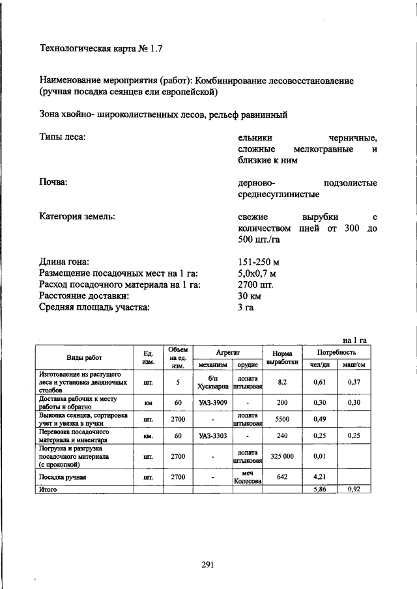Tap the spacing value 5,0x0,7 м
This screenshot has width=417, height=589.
tap(257, 273)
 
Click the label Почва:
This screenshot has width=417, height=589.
tap(54, 183)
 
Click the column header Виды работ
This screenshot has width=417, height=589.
tap(84, 357)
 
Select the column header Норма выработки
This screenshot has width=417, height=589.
tap(282, 357)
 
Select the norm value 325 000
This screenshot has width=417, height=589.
tap(282, 456)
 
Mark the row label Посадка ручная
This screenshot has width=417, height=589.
tap(64, 476)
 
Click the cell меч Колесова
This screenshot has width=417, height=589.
tap(248, 476)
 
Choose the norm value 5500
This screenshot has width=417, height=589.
tap(282, 419)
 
